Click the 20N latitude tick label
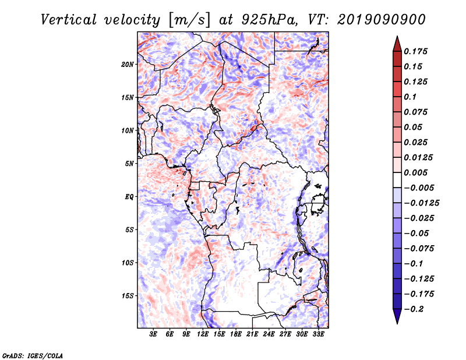[x=128, y=65]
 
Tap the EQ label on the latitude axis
[x=129, y=197]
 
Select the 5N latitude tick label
[x=129, y=164]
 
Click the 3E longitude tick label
[x=153, y=334]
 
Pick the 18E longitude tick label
[x=236, y=334]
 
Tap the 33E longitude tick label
[x=318, y=334]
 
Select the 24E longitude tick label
[x=269, y=334]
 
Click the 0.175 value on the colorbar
[x=415, y=51]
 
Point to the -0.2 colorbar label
[x=414, y=309]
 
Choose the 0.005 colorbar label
[x=415, y=172]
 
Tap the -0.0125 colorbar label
[x=421, y=203]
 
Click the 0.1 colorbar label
[x=410, y=97]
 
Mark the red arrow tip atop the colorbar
[x=397, y=37]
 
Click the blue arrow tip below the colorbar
[x=397, y=323]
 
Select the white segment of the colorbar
[x=397, y=180]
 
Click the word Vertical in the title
[x=69, y=20]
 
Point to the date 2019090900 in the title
[x=382, y=20]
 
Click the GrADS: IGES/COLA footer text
[x=33, y=355]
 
